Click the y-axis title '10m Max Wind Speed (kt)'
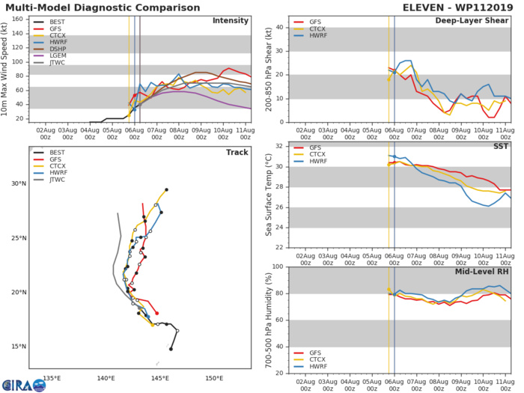point(6,68)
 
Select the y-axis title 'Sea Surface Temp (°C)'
point(268,195)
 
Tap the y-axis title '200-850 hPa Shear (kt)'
point(268,68)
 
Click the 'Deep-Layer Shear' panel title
point(480,20)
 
